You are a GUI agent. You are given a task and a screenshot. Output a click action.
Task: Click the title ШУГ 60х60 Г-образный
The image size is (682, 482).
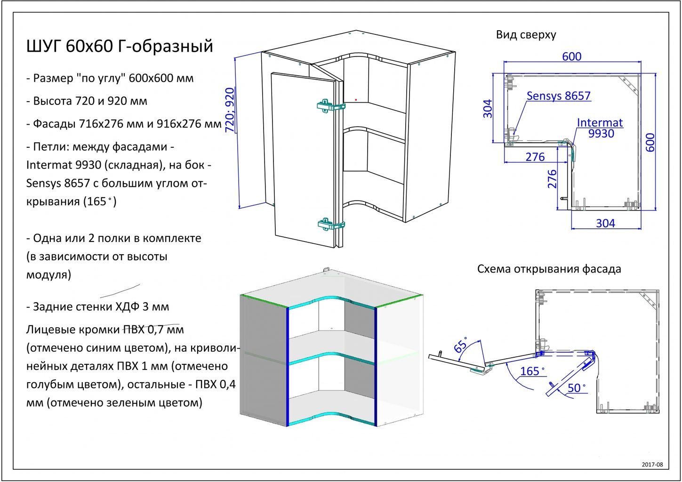pos(120,47)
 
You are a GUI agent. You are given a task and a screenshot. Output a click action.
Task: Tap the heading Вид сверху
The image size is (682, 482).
pos(526,34)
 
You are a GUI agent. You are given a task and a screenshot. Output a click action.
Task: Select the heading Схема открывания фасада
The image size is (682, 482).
pos(549,269)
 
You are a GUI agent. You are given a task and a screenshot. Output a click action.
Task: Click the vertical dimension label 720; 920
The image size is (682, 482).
pos(230,110)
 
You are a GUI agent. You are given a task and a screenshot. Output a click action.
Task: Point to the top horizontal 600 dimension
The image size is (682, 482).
pos(572,56)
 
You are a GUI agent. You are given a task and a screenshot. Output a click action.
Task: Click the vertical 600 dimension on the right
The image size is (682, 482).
pos(650,143)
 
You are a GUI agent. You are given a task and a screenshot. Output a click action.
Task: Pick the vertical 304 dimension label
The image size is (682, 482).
pos(488,108)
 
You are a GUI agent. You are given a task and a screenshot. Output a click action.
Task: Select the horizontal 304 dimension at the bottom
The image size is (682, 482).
pos(605,224)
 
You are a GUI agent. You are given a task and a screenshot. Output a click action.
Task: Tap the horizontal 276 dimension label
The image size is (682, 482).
pos(535,157)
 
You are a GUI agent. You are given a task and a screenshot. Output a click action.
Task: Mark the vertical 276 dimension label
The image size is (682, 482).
pos(553,179)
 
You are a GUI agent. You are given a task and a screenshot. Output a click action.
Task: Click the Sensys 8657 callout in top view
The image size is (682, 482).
pos(558,96)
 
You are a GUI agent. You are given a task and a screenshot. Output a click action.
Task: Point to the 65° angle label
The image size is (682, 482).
pos(461,345)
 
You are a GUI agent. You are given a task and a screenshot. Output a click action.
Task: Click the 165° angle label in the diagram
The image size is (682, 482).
pos(531,371)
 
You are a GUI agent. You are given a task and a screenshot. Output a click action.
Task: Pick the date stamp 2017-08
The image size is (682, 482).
pos(652,465)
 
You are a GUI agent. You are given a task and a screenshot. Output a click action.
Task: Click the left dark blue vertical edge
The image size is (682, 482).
pos(287,367)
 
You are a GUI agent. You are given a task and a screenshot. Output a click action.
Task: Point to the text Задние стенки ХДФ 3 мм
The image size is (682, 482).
pos(98,307)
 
